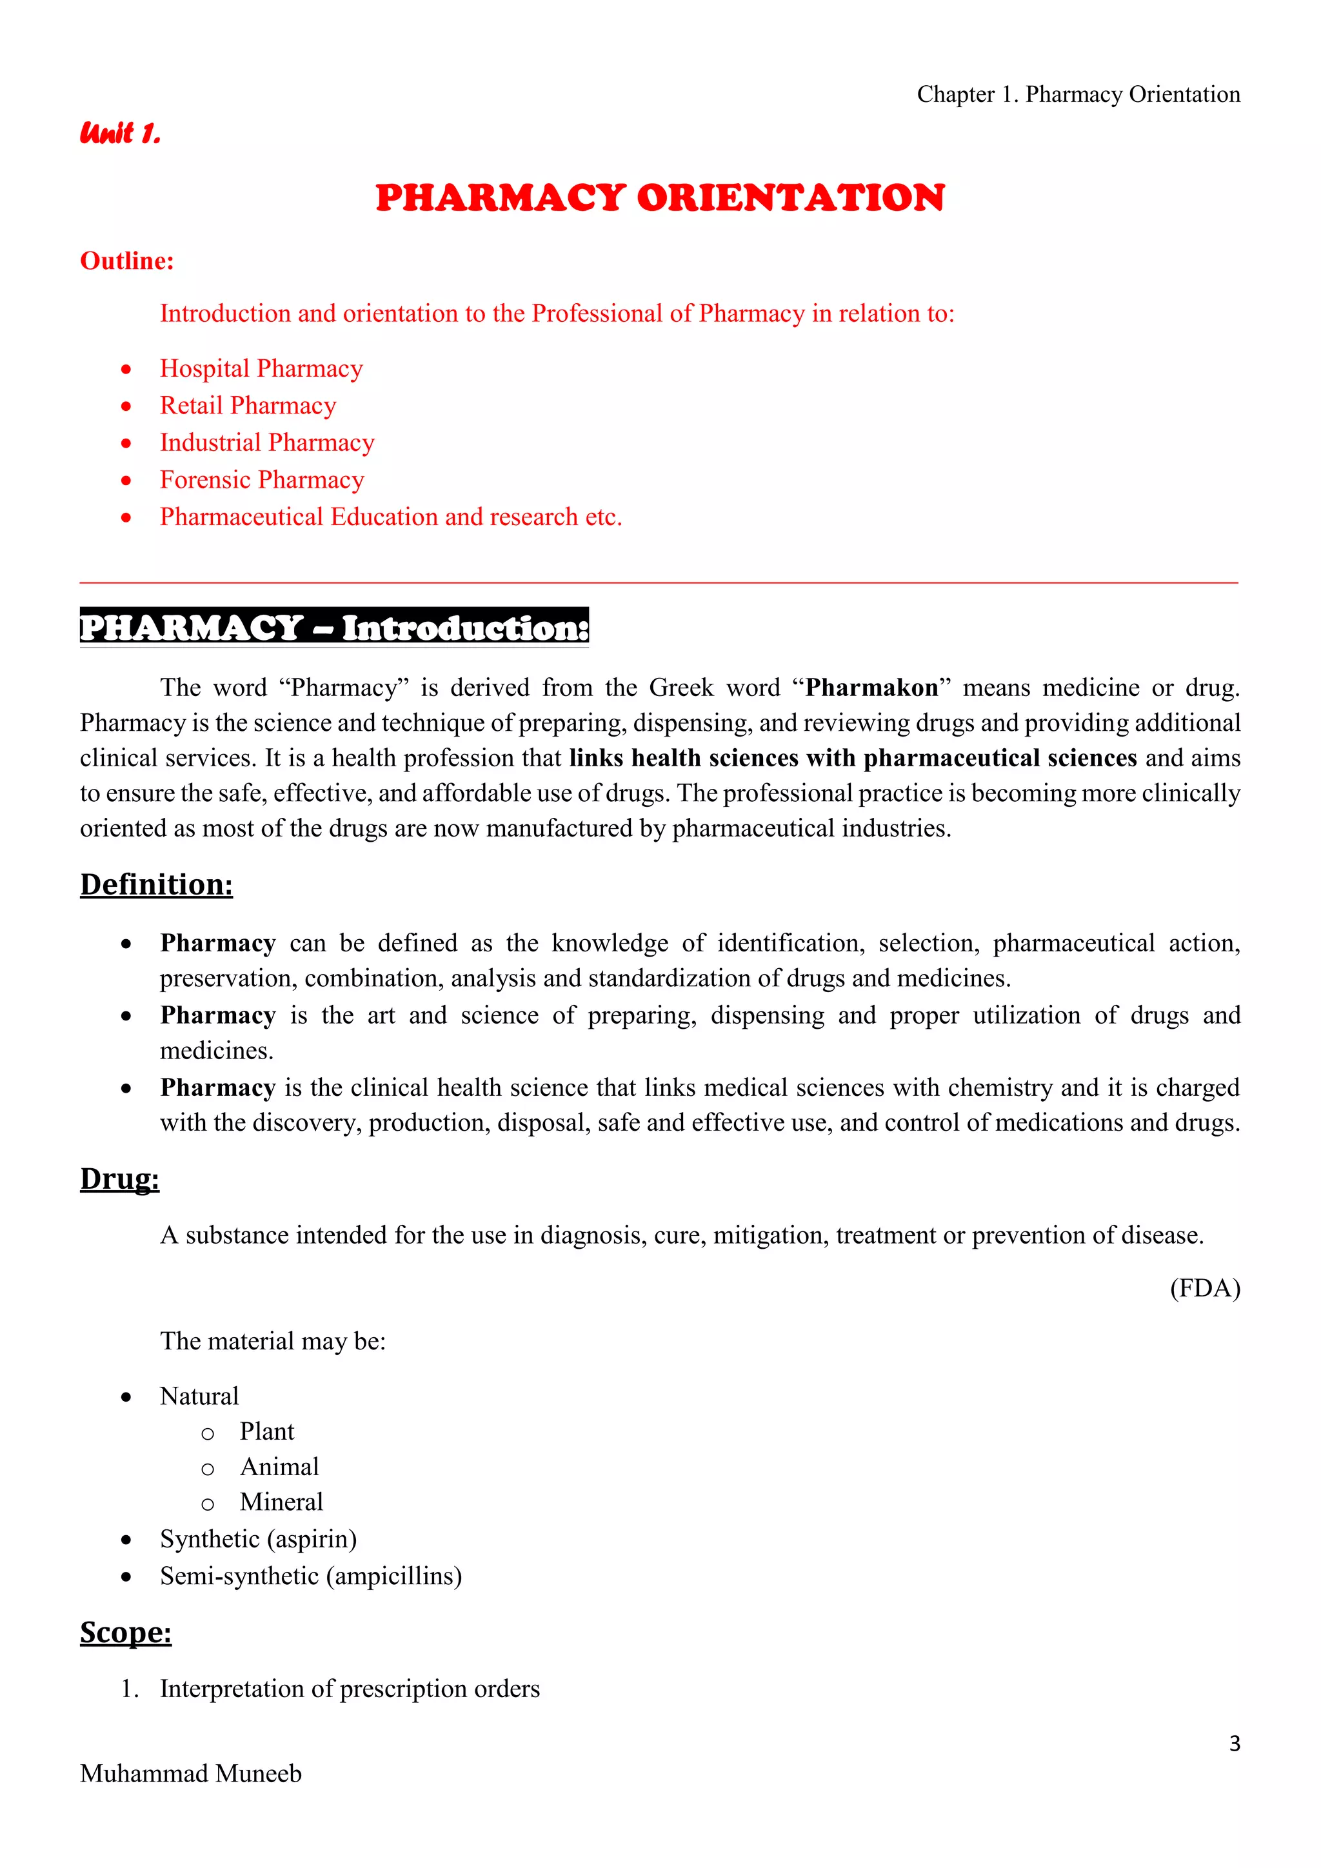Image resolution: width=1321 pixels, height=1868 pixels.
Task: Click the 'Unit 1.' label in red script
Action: click(x=121, y=133)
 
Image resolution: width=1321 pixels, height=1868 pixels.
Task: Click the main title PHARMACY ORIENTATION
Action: click(x=660, y=198)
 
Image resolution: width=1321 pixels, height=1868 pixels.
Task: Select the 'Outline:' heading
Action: click(x=127, y=261)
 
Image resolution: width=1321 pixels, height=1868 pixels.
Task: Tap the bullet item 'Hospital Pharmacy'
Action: click(x=261, y=368)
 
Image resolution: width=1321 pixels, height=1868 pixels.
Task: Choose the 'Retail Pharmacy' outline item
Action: click(x=248, y=405)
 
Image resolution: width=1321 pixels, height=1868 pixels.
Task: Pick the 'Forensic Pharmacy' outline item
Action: click(x=262, y=480)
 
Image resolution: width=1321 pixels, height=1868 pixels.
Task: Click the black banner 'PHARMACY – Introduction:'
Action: click(x=333, y=627)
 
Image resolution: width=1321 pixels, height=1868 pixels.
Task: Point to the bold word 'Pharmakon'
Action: click(x=871, y=688)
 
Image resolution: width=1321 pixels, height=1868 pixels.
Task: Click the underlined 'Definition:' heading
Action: click(x=156, y=884)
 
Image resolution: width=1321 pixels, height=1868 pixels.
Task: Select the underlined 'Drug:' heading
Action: click(x=119, y=1178)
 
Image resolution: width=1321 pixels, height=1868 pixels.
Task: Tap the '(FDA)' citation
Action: click(x=1205, y=1288)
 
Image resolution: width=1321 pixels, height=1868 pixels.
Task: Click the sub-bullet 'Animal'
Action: click(x=279, y=1467)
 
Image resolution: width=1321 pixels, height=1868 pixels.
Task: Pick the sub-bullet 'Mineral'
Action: click(x=281, y=1502)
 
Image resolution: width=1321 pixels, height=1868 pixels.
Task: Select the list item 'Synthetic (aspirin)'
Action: click(x=258, y=1539)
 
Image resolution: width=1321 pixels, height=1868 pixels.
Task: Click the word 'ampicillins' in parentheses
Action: click(x=393, y=1576)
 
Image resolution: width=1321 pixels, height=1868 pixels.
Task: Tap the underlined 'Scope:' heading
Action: click(x=125, y=1632)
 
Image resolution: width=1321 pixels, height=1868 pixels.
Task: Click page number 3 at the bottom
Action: click(x=1234, y=1744)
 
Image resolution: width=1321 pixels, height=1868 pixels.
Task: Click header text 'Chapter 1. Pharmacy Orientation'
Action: click(x=1078, y=94)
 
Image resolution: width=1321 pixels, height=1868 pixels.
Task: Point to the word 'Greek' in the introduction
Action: click(x=681, y=688)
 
